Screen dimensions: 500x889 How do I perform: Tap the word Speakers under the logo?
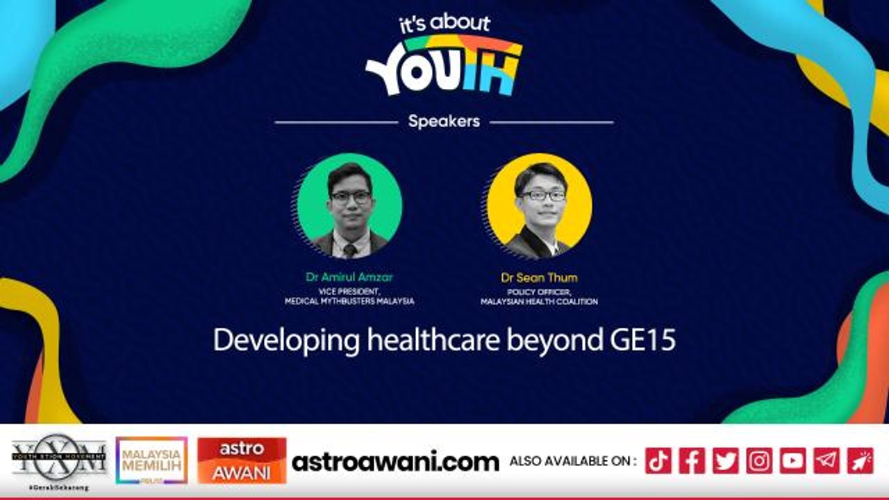click(x=444, y=122)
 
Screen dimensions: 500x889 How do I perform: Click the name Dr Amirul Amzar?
click(x=349, y=277)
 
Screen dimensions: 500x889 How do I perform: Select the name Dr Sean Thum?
click(x=539, y=278)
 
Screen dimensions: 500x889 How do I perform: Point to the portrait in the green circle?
click(x=349, y=206)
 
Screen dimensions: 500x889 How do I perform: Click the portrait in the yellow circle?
click(x=539, y=206)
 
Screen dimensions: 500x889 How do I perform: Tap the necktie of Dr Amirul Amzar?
click(x=350, y=249)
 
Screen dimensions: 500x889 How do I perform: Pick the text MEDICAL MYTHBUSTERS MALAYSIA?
click(x=349, y=301)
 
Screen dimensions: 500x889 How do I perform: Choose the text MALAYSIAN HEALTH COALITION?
click(x=539, y=301)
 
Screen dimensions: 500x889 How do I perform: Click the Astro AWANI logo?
click(x=242, y=460)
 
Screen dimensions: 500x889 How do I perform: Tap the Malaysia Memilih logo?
click(x=151, y=460)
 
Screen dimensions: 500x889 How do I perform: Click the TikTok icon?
click(x=658, y=461)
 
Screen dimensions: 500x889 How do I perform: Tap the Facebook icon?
click(x=692, y=461)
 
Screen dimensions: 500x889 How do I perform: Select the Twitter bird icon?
click(x=725, y=461)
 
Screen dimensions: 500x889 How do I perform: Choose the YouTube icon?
click(x=792, y=461)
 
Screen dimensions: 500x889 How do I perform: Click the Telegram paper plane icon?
click(x=826, y=461)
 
